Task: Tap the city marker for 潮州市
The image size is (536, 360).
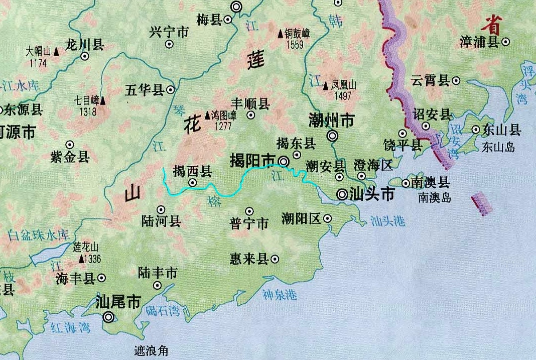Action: click(332, 136)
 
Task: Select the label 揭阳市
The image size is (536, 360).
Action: click(252, 161)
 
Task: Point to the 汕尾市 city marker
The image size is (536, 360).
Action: click(108, 317)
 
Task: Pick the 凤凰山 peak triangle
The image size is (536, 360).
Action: click(326, 86)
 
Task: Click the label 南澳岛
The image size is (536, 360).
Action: click(435, 197)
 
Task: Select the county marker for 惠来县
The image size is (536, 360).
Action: click(275, 259)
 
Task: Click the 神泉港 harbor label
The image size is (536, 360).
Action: click(280, 294)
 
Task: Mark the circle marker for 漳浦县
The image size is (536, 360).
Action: click(506, 43)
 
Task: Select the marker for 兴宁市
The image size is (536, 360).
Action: click(169, 44)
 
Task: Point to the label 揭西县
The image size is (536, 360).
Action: click(192, 172)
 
